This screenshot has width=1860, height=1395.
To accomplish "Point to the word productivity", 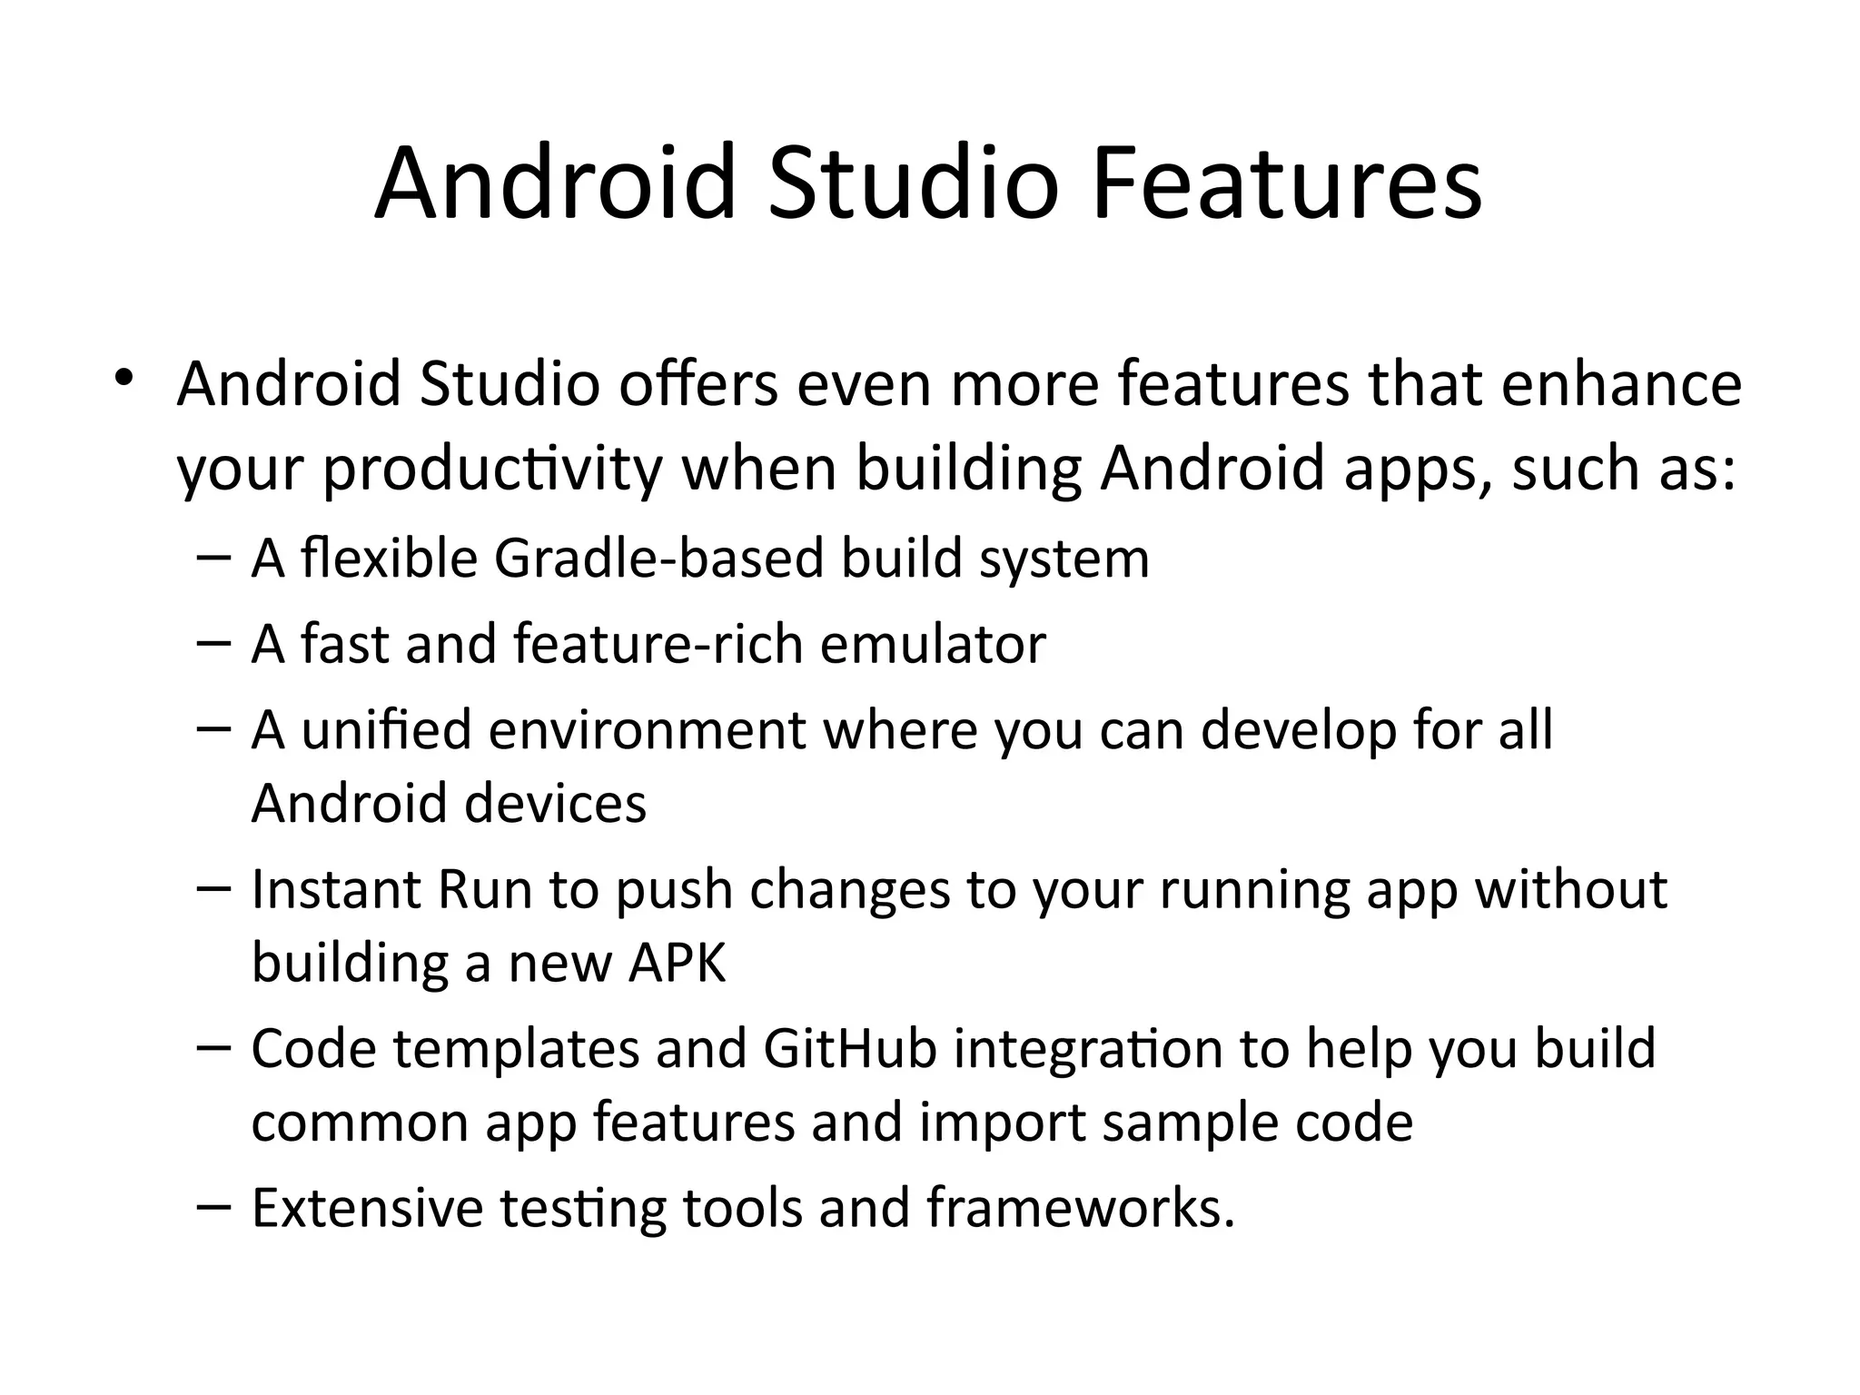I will point(492,470).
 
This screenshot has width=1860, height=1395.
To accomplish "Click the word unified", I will point(387,729).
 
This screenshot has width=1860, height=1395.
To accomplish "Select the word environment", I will point(648,729).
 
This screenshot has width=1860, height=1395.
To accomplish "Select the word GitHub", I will point(850,1048).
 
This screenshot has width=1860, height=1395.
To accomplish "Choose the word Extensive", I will point(367,1209).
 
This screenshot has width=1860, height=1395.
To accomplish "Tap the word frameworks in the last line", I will point(1080,1209).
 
